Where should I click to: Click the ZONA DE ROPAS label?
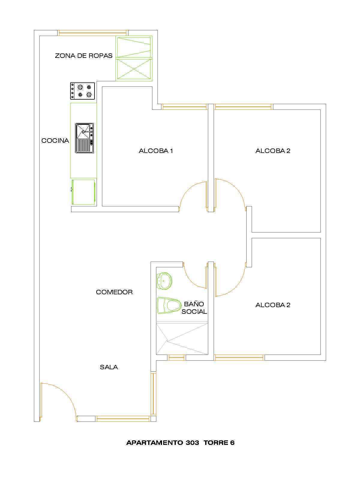pos(84,56)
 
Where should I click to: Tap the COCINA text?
pos(55,141)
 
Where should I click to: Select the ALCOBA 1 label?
pos(156,151)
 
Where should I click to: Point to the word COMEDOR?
pos(114,292)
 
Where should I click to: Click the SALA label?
pos(109,367)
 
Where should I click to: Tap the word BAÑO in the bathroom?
pos(194,304)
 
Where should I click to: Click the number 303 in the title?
pos(192,443)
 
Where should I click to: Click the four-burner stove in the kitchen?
pos(82,91)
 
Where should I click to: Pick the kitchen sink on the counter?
pos(85,138)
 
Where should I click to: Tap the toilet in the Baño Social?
pos(169,305)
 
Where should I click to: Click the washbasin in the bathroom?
pos(165,281)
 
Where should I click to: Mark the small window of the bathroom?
pos(176,358)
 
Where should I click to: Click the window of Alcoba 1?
pos(184,107)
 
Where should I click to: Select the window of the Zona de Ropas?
pos(93,33)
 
